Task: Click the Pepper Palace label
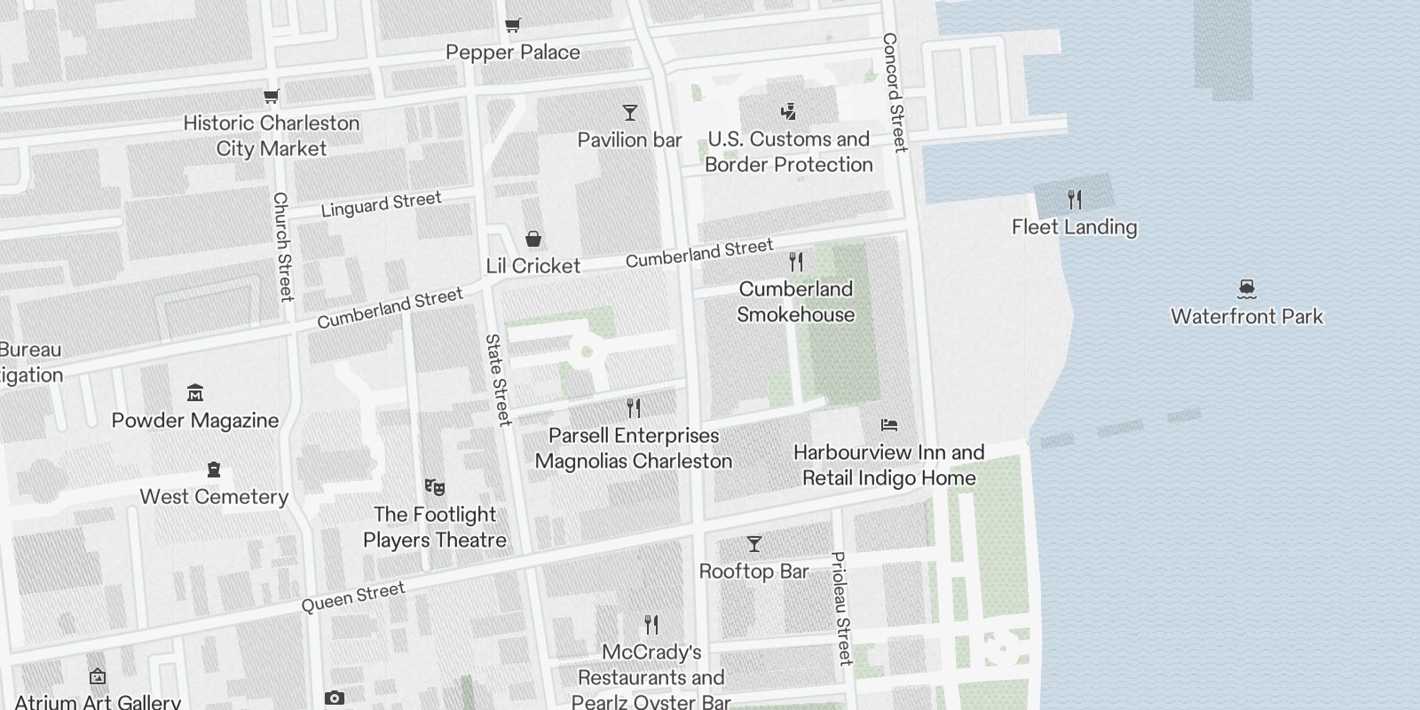pos(513,52)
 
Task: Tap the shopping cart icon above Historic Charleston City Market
pos(272,96)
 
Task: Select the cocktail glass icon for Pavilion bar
pos(630,113)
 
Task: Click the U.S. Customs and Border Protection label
pos(789,152)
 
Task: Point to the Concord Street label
pos(895,92)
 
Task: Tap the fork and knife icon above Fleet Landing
pos(1075,199)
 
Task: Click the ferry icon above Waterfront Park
pos(1247,288)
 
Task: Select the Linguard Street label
pos(381,205)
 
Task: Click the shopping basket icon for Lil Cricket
pos(533,239)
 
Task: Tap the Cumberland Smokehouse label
pos(796,302)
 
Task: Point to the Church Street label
pos(282,247)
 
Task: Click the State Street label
pos(498,379)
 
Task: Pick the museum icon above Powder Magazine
pos(195,392)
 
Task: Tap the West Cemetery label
pos(214,497)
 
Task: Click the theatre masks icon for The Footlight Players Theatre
pos(434,486)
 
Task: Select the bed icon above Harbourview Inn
pos(889,425)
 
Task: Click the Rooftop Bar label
pos(753,572)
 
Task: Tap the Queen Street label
pos(353,597)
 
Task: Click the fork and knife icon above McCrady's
pos(651,625)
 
